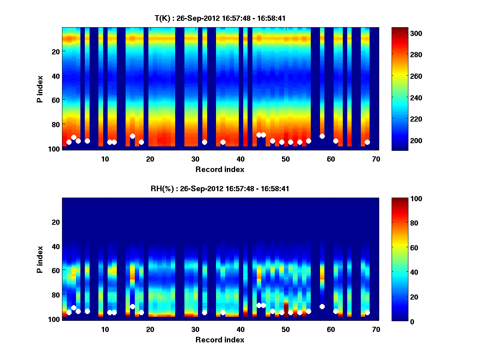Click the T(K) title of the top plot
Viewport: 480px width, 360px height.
[220, 18]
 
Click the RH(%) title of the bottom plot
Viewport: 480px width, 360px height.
[220, 189]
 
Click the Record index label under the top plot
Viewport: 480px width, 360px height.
[220, 169]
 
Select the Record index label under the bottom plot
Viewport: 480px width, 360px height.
[220, 340]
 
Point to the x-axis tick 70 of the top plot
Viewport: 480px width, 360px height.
[376, 158]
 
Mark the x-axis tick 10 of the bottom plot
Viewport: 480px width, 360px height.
[105, 329]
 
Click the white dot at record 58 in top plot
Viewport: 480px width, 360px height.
[322, 136]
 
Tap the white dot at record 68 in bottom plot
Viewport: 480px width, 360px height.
[367, 312]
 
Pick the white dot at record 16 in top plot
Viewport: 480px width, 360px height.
[132, 136]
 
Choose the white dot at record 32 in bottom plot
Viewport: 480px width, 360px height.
[204, 312]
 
